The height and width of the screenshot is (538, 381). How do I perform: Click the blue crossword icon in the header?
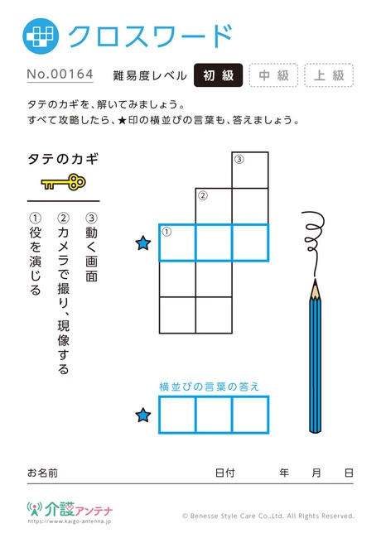click(x=41, y=36)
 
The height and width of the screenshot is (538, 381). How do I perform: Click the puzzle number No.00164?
click(x=60, y=74)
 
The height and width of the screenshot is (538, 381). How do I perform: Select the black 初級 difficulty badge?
click(x=219, y=75)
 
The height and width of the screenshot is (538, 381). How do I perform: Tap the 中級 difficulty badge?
click(x=273, y=75)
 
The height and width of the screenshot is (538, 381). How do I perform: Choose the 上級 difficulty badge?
click(x=329, y=75)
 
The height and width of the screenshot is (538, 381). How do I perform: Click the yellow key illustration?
click(x=64, y=182)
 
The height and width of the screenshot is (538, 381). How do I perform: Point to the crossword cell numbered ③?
click(x=250, y=171)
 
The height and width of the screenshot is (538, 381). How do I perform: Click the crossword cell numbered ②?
click(x=214, y=207)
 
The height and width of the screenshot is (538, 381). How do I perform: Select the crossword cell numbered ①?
click(x=177, y=243)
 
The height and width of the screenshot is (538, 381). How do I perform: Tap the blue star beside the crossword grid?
click(x=143, y=243)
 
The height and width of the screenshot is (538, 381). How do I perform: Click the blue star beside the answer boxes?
click(x=143, y=415)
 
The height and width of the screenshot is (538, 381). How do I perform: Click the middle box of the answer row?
click(x=214, y=415)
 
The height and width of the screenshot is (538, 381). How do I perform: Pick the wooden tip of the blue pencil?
click(x=315, y=290)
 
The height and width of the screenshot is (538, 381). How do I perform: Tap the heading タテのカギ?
click(x=63, y=159)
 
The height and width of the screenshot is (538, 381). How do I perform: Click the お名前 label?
click(x=42, y=473)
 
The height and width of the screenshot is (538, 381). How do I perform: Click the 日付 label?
click(x=224, y=473)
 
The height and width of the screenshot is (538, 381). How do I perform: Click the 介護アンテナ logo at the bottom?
click(x=70, y=510)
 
